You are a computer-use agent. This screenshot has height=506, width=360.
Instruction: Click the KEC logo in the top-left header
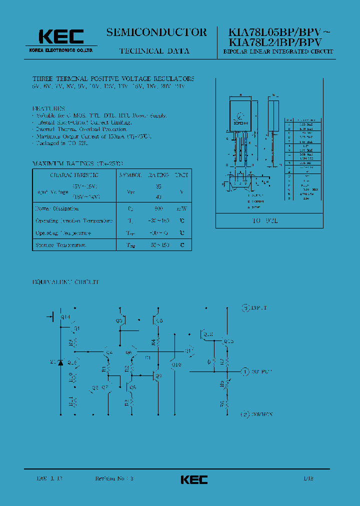tap(61, 36)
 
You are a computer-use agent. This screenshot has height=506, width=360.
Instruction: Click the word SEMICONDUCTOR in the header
tap(156, 32)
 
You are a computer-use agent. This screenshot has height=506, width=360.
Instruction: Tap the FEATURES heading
tap(49, 108)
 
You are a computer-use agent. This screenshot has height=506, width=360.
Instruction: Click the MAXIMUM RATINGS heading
tap(63, 163)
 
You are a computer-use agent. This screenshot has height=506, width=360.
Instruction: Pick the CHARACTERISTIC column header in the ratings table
tap(74, 175)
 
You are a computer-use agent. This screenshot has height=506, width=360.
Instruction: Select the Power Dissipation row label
tap(56, 208)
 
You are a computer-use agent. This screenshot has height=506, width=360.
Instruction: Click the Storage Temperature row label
tap(60, 245)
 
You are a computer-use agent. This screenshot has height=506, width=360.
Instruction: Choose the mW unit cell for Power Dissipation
tap(181, 208)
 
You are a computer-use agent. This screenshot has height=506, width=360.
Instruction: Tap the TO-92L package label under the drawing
tap(275, 220)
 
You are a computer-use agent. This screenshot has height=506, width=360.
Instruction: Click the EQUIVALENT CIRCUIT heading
tap(66, 282)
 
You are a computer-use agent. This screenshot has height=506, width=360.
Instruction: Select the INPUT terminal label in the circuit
tap(259, 307)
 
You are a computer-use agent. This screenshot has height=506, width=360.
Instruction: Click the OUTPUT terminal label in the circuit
tap(260, 372)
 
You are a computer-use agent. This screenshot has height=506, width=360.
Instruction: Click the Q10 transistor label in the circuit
tap(175, 364)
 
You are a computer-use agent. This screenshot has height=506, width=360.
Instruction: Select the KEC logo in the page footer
tap(194, 479)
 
